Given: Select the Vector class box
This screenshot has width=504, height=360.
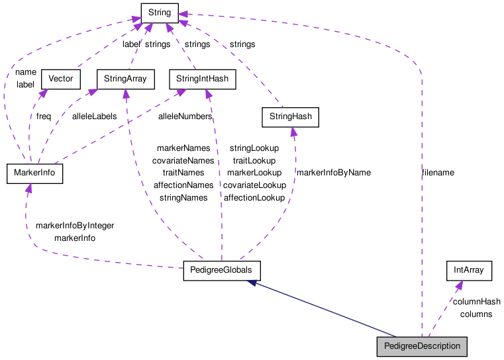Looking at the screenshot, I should click(x=61, y=79).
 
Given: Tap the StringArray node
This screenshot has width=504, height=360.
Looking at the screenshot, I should click(x=125, y=79).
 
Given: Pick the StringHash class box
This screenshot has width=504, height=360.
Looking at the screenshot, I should click(x=290, y=118).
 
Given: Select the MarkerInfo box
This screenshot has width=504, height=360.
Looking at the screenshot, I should click(x=34, y=174).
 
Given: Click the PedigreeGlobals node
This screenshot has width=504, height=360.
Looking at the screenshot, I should click(x=221, y=271).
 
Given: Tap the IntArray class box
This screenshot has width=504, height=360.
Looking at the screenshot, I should click(x=469, y=270).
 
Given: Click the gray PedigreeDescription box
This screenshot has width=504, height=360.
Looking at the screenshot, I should click(x=422, y=347).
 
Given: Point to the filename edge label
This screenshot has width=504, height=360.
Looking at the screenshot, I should click(x=438, y=173).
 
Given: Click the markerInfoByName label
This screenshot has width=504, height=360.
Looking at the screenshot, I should click(x=333, y=173).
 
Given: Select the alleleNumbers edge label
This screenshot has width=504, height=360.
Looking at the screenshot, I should click(x=185, y=116).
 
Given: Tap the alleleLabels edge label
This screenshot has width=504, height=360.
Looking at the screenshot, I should click(x=94, y=116).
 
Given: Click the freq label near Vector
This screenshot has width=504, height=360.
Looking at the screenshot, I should click(x=44, y=116).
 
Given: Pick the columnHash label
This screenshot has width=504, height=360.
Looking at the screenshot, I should click(x=476, y=302).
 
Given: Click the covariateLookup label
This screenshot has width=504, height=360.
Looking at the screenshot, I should click(x=254, y=185).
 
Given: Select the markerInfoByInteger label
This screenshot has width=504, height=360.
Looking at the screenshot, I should click(x=75, y=226).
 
